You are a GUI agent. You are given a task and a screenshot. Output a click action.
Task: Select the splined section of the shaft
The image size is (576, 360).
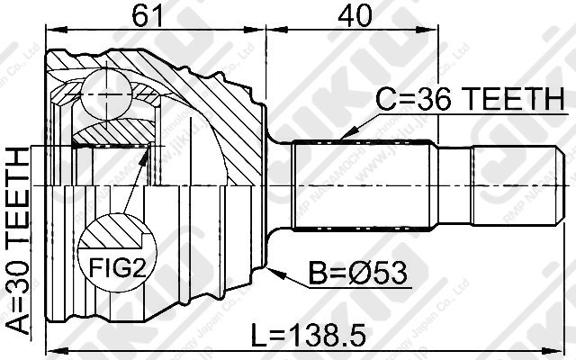[x=366, y=186]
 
